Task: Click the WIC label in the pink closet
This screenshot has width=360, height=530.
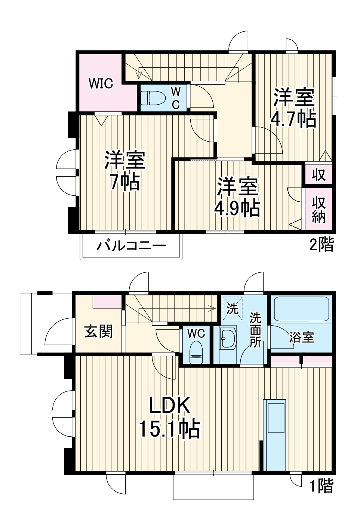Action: tap(101, 83)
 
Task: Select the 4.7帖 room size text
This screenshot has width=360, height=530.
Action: tap(293, 119)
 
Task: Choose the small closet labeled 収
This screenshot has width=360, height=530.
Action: tap(319, 174)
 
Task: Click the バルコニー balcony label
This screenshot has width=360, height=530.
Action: tap(131, 247)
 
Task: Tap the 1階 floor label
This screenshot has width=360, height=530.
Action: tap(321, 486)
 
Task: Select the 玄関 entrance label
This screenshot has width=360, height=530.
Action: tap(98, 331)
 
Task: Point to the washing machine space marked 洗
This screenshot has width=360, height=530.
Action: tap(232, 309)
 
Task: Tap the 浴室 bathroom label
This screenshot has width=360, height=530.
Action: tap(301, 337)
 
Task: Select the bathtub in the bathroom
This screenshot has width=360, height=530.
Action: tap(301, 309)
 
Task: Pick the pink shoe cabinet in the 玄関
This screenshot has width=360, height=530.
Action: tap(107, 301)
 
